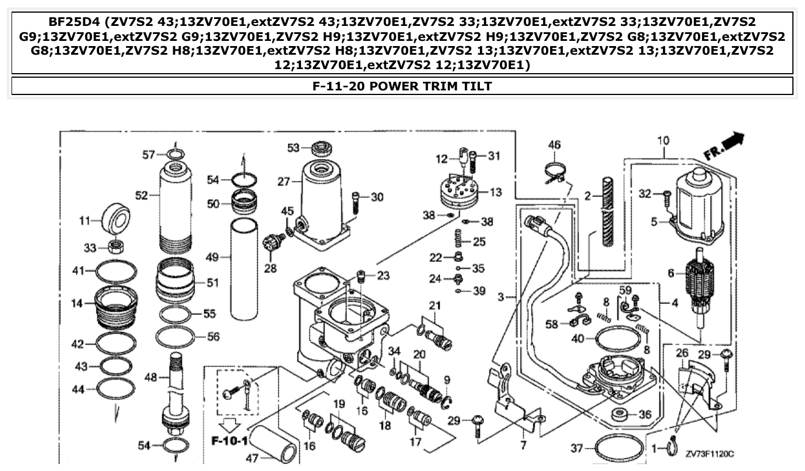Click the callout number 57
pyautogui.click(x=148, y=154)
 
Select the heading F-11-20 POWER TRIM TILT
pyautogui.click(x=402, y=86)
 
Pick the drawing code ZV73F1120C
pyautogui.click(x=709, y=454)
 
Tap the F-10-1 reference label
pyautogui.click(x=229, y=442)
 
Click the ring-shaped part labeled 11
pyautogui.click(x=115, y=219)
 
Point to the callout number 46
pyautogui.click(x=554, y=145)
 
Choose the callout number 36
pyautogui.click(x=645, y=415)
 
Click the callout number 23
pyautogui.click(x=384, y=276)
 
